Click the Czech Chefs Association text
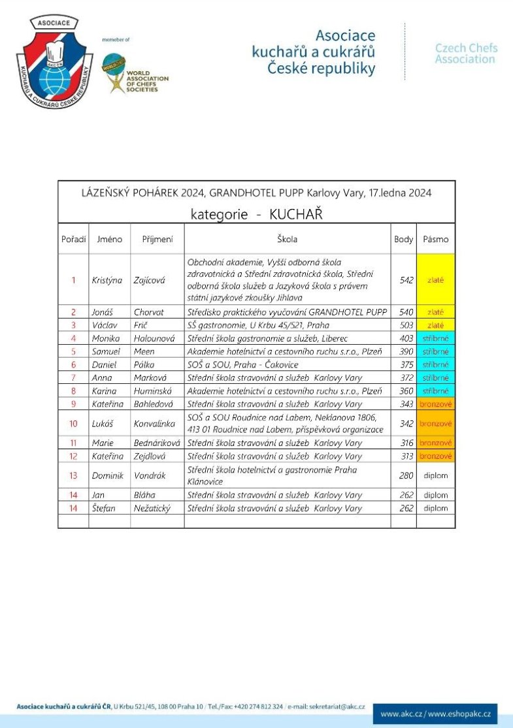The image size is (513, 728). [x=466, y=54]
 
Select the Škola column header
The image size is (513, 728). [x=287, y=240]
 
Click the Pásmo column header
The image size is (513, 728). [x=435, y=240]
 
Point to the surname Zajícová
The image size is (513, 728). [x=147, y=280]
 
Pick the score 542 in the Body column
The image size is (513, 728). [x=406, y=280]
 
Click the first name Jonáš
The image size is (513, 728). [x=101, y=312]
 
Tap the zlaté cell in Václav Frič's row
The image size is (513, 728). [x=435, y=325]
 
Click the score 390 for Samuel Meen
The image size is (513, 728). [x=406, y=352]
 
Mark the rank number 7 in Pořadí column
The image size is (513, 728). [x=73, y=378]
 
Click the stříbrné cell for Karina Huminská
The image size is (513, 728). [x=435, y=391]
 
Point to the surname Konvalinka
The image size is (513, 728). [x=154, y=424]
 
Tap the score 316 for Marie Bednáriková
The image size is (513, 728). [x=406, y=443]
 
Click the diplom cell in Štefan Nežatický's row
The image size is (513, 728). [x=435, y=508]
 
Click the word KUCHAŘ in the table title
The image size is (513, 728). [x=296, y=214]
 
